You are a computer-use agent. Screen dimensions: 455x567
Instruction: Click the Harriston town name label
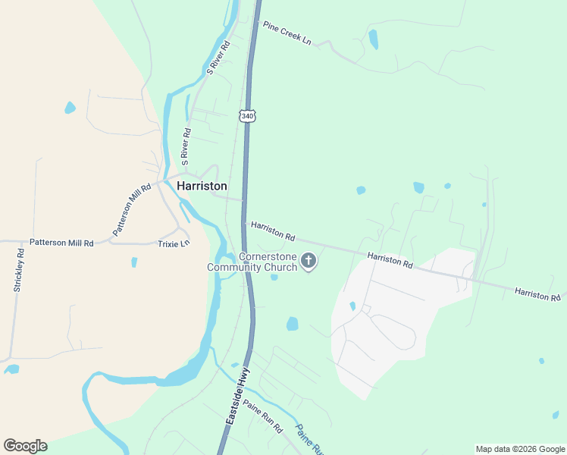pyautogui.click(x=202, y=186)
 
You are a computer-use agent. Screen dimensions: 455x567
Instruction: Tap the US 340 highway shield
pyautogui.click(x=248, y=115)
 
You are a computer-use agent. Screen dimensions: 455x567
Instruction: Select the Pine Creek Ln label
pyautogui.click(x=287, y=32)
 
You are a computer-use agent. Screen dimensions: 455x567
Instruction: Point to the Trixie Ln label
pyautogui.click(x=173, y=243)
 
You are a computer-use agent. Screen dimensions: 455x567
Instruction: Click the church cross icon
pyautogui.click(x=309, y=262)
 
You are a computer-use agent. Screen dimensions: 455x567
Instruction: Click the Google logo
pyautogui.click(x=25, y=445)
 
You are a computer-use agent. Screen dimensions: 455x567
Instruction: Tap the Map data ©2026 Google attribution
pyautogui.click(x=520, y=449)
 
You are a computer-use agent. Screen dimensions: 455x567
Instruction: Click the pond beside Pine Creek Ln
pyautogui.click(x=373, y=39)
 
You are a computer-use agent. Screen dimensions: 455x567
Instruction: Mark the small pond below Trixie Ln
pyautogui.click(x=134, y=262)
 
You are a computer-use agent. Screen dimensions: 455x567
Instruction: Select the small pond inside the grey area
pyautogui.click(x=352, y=306)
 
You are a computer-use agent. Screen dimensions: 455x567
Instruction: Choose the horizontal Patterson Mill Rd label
pyautogui.click(x=61, y=243)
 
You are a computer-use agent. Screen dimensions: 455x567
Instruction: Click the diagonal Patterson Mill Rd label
pyautogui.click(x=132, y=209)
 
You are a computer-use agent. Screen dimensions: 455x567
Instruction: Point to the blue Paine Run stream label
pyautogui.click(x=309, y=438)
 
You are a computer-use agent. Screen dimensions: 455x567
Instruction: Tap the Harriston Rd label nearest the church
pyautogui.click(x=273, y=231)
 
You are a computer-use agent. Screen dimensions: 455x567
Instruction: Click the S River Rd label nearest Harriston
pyautogui.click(x=186, y=146)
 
